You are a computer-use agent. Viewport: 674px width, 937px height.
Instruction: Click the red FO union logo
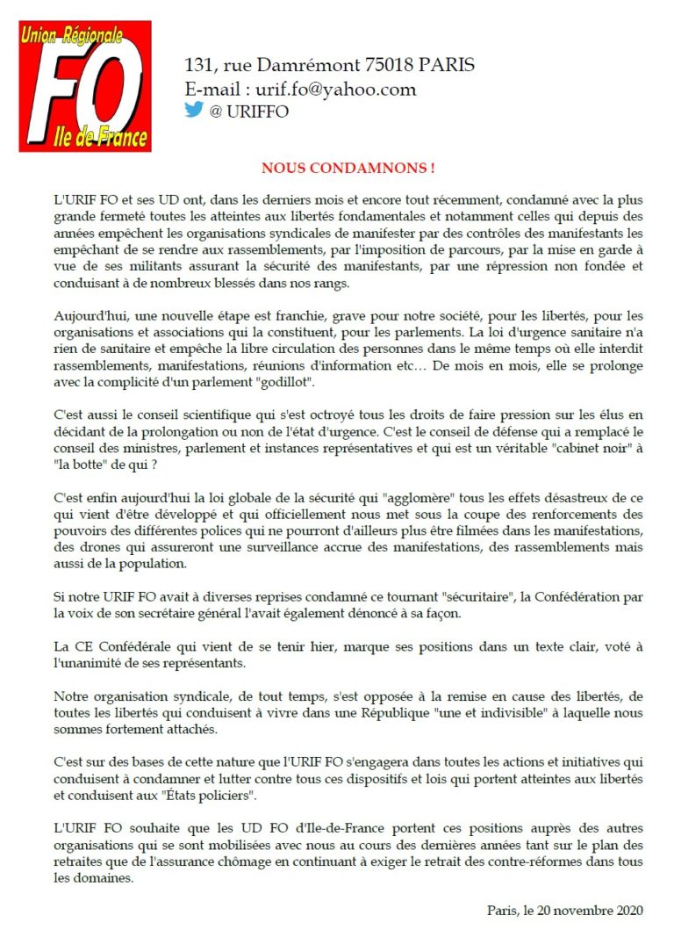pos(85,86)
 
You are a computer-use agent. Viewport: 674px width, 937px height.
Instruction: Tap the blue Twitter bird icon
pos(194,110)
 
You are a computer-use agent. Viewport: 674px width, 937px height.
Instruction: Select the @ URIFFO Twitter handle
pos(249,112)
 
